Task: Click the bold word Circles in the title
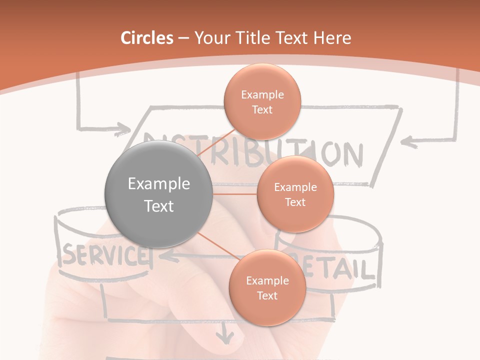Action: click(x=147, y=38)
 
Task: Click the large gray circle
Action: click(x=158, y=194)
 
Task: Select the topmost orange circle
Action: click(x=262, y=101)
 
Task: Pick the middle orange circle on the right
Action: click(x=295, y=194)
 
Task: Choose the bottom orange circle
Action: click(x=267, y=287)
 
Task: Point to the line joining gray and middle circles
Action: click(x=235, y=194)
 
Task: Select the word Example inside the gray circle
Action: click(x=158, y=184)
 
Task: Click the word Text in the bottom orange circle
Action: click(x=267, y=295)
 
